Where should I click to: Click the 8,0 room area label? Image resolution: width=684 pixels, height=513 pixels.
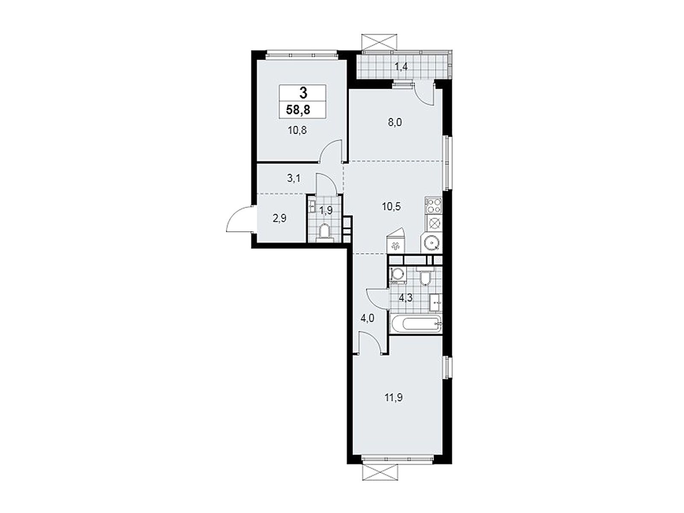click(395, 122)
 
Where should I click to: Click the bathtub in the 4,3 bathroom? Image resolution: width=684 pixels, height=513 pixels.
click(416, 324)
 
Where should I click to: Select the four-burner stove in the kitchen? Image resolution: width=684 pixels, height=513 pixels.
click(433, 206)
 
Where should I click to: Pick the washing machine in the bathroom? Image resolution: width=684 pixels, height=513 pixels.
click(397, 275)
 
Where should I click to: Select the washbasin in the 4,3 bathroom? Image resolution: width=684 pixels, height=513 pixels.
click(436, 302)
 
